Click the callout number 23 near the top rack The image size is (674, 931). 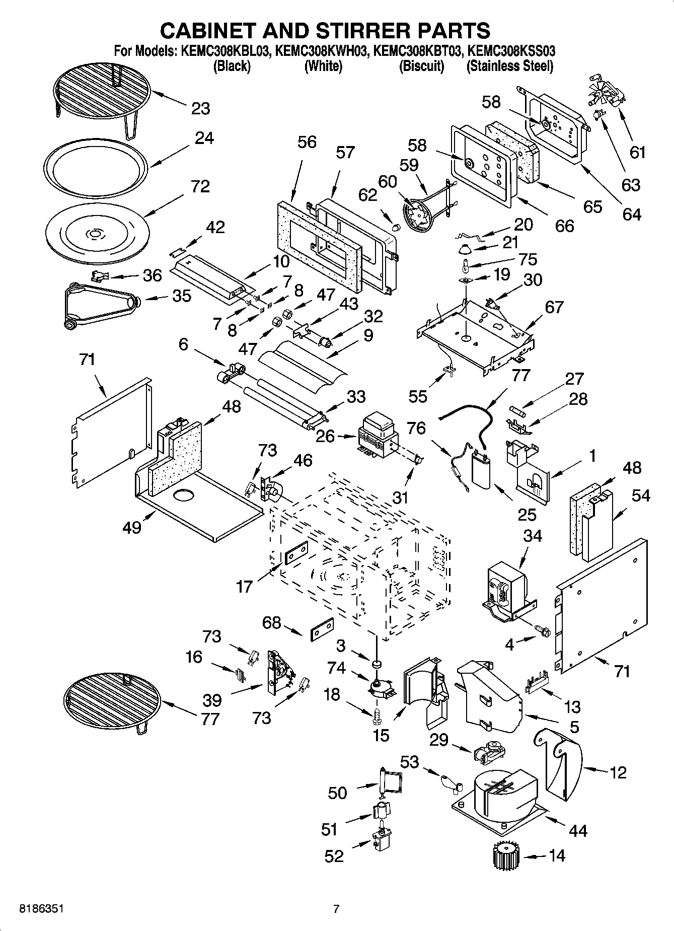(200, 109)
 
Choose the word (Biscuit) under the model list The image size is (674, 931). (421, 66)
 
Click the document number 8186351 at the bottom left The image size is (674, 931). (41, 909)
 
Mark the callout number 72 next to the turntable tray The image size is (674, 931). (200, 187)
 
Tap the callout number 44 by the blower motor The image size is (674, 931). (577, 830)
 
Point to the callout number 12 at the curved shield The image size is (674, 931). (618, 772)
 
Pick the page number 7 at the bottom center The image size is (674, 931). (336, 909)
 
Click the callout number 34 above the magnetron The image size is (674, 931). (533, 536)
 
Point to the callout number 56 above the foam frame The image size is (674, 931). (307, 142)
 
